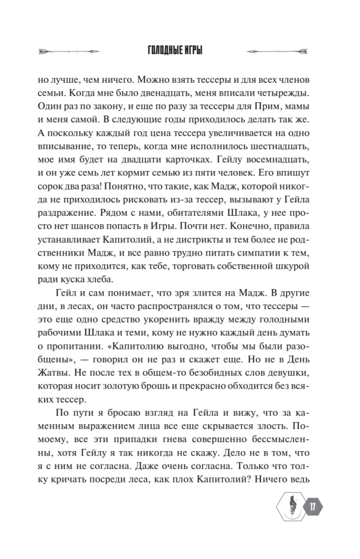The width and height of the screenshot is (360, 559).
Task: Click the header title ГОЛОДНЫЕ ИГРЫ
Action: coord(179,51)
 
